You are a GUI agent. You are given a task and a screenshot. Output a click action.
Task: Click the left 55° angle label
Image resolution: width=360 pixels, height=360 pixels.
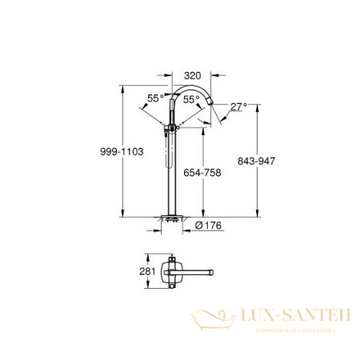pos(154,98)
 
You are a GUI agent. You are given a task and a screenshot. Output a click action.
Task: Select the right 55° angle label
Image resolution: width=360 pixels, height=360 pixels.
pos(192,100)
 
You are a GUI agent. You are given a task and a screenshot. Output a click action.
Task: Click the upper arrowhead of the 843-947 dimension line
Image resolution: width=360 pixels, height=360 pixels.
pos(257,106)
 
